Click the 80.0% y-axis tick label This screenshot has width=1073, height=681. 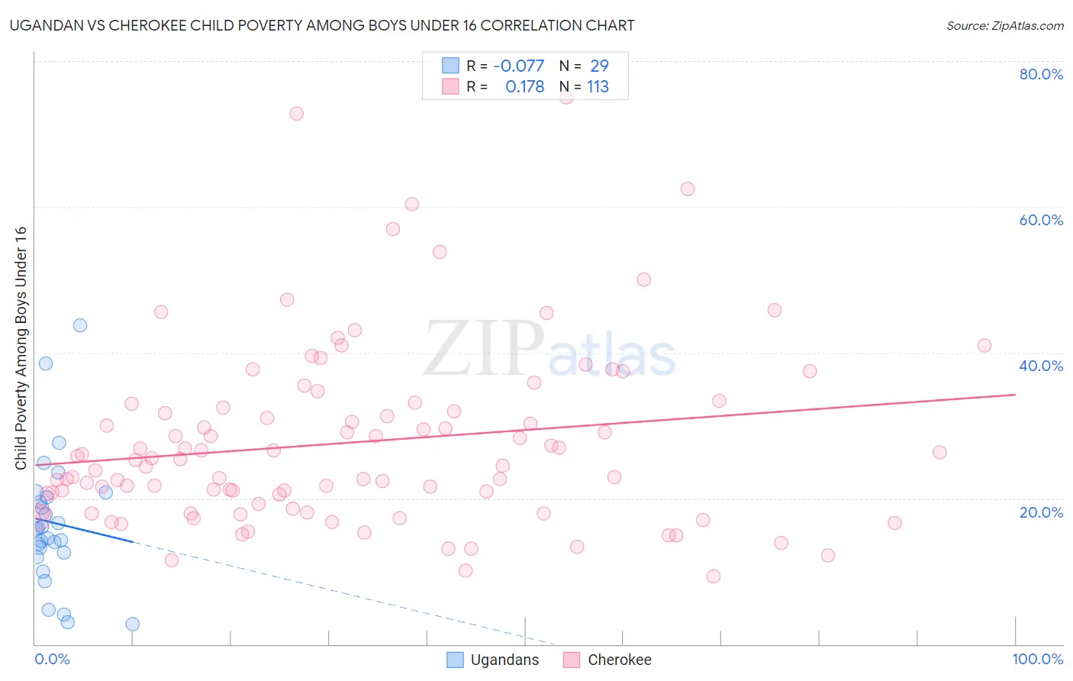1041,74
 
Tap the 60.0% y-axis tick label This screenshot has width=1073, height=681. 1041,220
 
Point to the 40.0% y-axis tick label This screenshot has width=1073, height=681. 1041,366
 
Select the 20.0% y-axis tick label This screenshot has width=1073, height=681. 1041,512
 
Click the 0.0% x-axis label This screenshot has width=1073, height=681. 52,659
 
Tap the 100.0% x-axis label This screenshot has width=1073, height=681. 1037,659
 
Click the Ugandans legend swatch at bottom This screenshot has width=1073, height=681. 455,660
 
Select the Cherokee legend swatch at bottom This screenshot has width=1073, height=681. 572,660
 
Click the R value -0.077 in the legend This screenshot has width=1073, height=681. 519,66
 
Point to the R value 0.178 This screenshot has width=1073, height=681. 524,87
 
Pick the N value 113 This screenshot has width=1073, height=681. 598,87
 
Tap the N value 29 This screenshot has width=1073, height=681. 599,66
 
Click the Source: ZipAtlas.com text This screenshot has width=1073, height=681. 1004,26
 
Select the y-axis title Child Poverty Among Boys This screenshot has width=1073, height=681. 21,348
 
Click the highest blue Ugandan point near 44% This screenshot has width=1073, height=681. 80,325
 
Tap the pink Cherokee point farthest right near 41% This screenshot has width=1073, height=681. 984,346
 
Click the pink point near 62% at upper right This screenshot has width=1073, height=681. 688,189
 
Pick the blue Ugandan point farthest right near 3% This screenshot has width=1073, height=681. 133,625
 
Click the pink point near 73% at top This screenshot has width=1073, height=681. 297,114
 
